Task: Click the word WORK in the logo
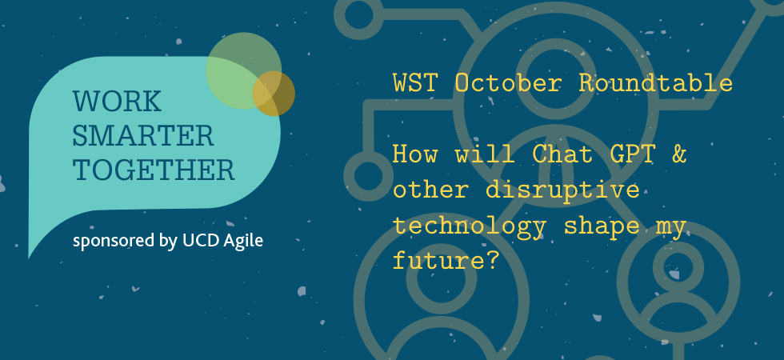[x=117, y=101]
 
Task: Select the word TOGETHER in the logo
[x=154, y=170]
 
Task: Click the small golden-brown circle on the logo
[x=274, y=94]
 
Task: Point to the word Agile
[x=243, y=242]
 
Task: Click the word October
[x=508, y=82]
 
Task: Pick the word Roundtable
[x=655, y=82]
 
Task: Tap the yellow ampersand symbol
[x=679, y=154]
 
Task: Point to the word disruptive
[x=562, y=190]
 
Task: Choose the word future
[x=439, y=261]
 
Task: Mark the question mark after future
[x=494, y=261]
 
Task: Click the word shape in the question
[x=602, y=227]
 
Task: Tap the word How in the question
[x=414, y=154]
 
